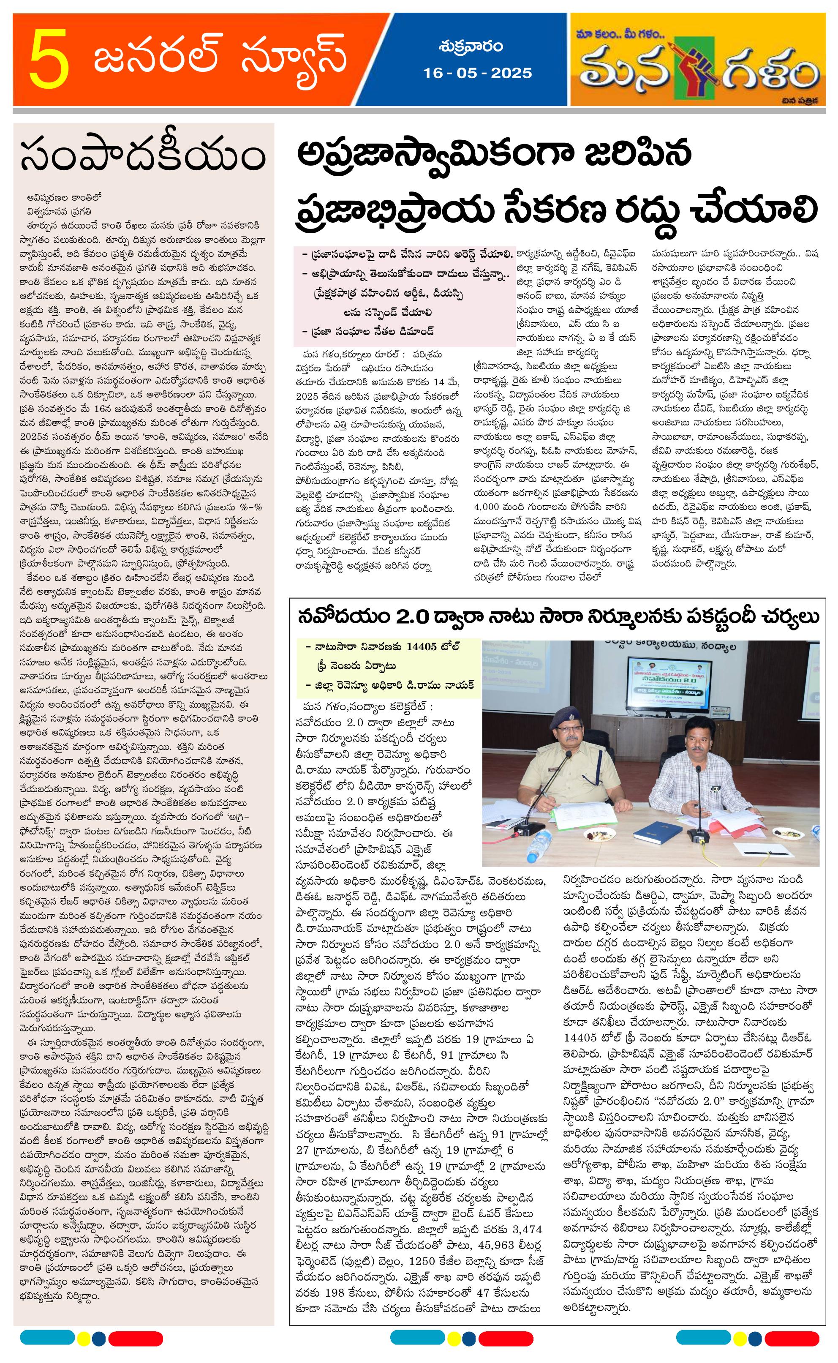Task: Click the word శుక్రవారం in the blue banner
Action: pyautogui.click(x=470, y=46)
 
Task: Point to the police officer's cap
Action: pyautogui.click(x=564, y=717)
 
